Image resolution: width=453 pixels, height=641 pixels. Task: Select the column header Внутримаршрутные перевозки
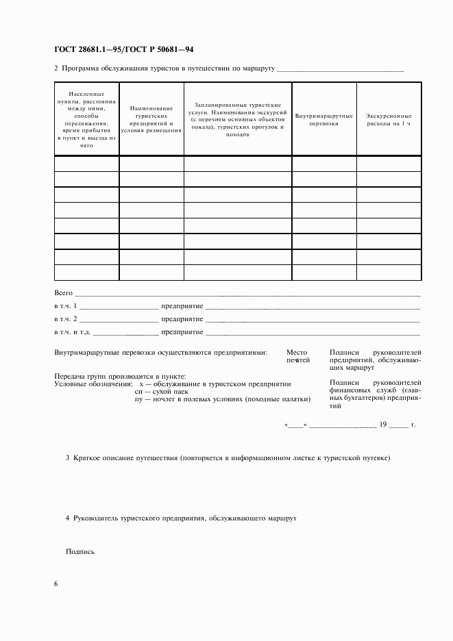(323, 121)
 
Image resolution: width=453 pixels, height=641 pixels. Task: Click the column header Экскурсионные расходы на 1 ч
(389, 121)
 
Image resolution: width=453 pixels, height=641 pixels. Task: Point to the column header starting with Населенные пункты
(86, 119)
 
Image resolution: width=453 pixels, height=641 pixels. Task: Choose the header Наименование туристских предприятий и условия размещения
(151, 119)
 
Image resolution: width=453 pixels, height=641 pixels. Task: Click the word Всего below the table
(63, 292)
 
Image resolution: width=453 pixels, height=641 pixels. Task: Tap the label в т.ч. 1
(66, 305)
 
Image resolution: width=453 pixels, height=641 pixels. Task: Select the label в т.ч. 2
(66, 318)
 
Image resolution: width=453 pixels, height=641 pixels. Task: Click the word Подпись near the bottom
(80, 551)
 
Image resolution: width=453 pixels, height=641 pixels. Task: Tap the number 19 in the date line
(383, 425)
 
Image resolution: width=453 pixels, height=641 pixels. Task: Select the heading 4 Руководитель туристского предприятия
(180, 519)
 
